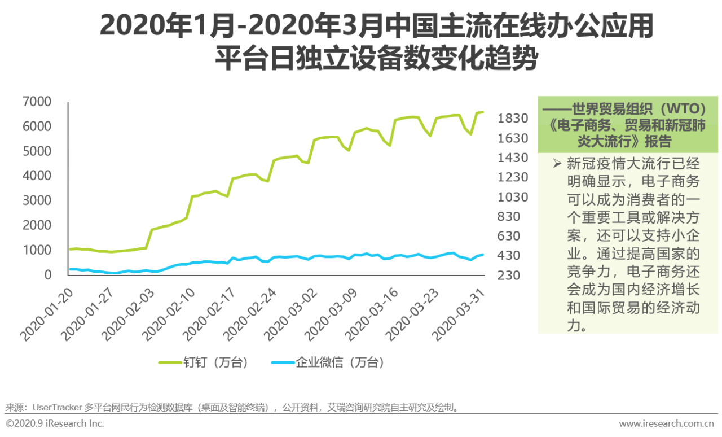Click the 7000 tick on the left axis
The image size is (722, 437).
coord(37,102)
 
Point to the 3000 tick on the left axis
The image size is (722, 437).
coord(37,200)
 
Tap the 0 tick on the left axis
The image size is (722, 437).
coord(48,275)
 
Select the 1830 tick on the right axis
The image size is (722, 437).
coord(512,119)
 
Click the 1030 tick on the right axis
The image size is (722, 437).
coord(512,197)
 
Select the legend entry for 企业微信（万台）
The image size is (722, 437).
coord(327,362)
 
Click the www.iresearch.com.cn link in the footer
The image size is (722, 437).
coord(666,423)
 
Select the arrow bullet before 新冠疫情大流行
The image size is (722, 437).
coord(557,164)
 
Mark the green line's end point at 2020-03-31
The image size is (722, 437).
coord(483,112)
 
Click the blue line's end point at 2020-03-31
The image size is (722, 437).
coord(483,255)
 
